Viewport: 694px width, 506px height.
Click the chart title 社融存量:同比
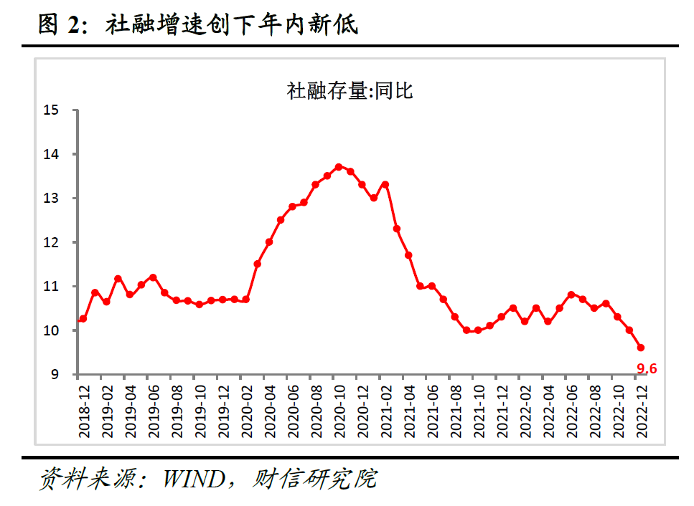pos(350,91)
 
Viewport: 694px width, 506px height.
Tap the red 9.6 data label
pos(647,370)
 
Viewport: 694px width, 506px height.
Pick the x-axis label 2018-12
pos(83,409)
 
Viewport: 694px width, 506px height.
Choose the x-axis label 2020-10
pos(339,409)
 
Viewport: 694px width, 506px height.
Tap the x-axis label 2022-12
pos(641,409)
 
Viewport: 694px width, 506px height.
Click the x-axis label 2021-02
pos(385,409)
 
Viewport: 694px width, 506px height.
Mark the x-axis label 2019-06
pos(153,409)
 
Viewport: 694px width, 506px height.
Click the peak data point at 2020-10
pos(339,167)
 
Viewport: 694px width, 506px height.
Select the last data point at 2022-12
pos(641,348)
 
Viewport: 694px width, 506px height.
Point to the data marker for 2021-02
pos(385,184)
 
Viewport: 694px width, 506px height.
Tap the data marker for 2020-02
pos(246,300)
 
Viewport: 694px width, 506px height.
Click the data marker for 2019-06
pos(153,277)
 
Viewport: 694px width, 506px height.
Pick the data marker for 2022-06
pos(571,295)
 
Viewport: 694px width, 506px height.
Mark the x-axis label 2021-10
pos(478,409)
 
